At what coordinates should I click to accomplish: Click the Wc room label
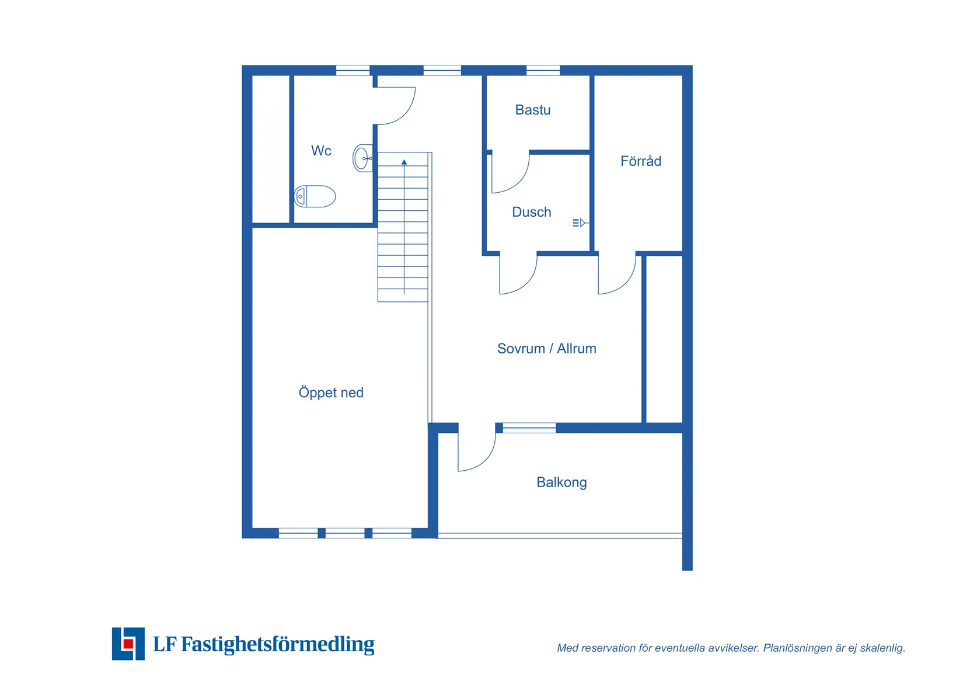tap(321, 151)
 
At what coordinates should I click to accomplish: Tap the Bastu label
tap(533, 110)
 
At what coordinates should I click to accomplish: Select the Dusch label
tap(531, 212)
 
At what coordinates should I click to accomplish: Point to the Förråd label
tap(641, 161)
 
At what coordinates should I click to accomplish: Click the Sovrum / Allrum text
tap(546, 349)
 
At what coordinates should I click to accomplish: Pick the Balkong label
tap(561, 482)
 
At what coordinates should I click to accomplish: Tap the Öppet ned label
tap(331, 392)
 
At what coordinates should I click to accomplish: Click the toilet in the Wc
tap(315, 197)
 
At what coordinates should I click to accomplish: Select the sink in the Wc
tap(363, 158)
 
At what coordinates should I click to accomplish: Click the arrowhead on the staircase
tap(404, 162)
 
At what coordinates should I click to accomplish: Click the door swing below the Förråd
tap(617, 275)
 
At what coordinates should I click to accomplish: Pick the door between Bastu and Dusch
tap(511, 173)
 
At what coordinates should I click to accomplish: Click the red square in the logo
tap(128, 644)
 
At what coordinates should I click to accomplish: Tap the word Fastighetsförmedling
tap(278, 644)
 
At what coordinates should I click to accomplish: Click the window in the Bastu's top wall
tap(543, 70)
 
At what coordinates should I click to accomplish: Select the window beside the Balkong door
tap(529, 428)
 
